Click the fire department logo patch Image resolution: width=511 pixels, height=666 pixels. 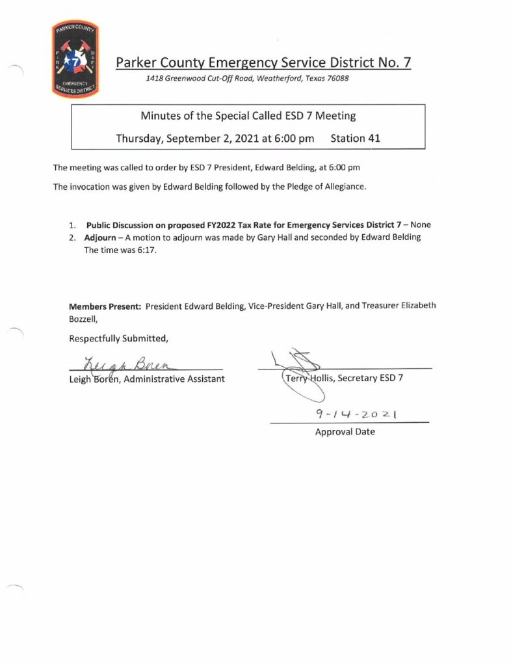pyautogui.click(x=74, y=59)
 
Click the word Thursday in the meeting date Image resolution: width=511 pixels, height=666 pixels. pyautogui.click(x=140, y=138)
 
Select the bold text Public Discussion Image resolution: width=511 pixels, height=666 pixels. pyautogui.click(x=122, y=225)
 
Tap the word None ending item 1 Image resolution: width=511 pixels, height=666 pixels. pyautogui.click(x=420, y=225)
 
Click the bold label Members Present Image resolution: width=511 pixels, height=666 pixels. pyautogui.click(x=105, y=306)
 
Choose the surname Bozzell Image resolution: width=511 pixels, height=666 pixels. pyautogui.click(x=83, y=319)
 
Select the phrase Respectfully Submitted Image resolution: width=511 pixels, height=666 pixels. pyautogui.click(x=118, y=338)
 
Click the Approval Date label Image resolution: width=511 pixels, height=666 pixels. pyautogui.click(x=345, y=431)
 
